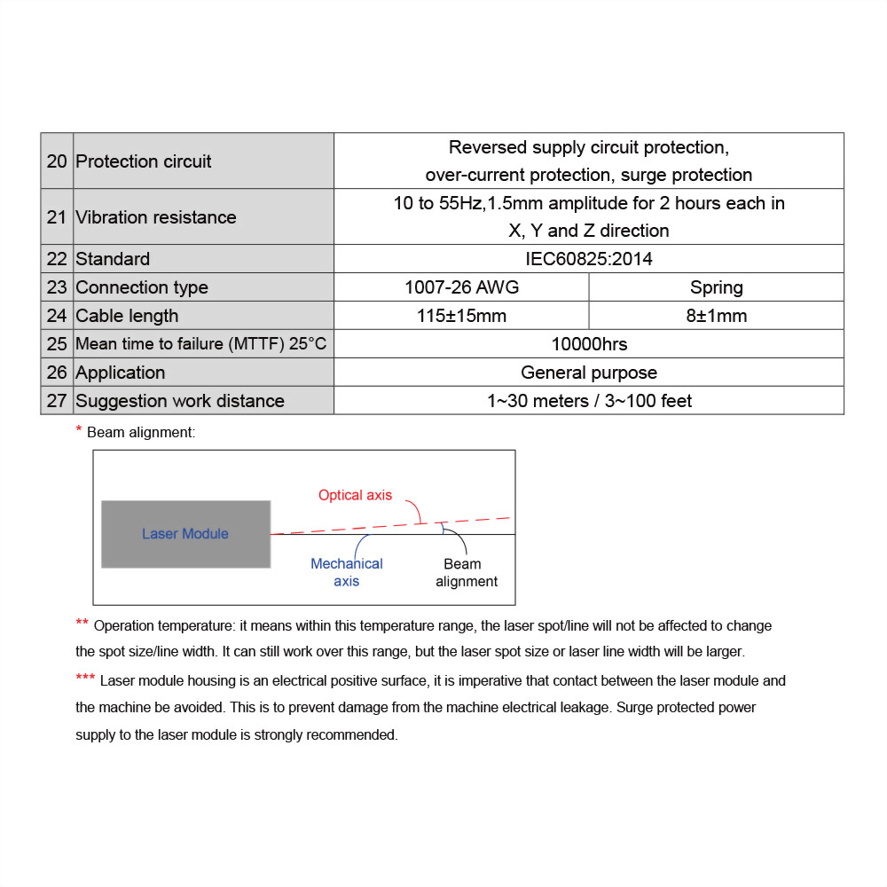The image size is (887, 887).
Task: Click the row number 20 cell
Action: click(57, 161)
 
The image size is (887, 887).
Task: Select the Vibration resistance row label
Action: click(156, 217)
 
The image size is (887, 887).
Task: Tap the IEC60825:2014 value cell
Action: click(589, 259)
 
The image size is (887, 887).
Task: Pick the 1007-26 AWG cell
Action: click(461, 287)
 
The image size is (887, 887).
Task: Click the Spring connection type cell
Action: click(716, 287)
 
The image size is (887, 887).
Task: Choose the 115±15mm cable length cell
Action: click(461, 316)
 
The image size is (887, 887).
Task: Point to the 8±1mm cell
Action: click(716, 316)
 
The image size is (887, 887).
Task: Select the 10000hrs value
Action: click(589, 344)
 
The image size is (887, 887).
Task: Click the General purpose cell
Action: click(589, 373)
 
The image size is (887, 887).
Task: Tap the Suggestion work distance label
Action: click(180, 401)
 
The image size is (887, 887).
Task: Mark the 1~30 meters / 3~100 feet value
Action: click(589, 401)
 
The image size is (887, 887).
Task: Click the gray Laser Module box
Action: click(185, 534)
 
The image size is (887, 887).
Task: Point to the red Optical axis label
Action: click(355, 495)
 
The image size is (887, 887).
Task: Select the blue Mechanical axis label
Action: click(347, 572)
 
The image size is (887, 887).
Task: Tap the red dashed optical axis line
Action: click(390, 526)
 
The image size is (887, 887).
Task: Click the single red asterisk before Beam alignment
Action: click(79, 430)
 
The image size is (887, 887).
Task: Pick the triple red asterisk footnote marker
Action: click(85, 679)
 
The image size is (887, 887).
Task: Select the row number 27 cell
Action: click(57, 401)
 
